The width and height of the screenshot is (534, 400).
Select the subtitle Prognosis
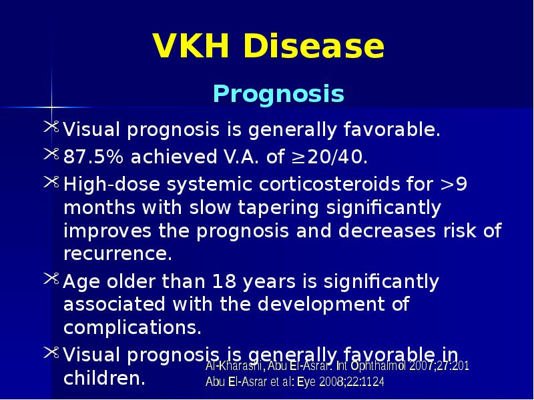pos(278,95)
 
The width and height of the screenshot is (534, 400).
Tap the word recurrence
pos(117,254)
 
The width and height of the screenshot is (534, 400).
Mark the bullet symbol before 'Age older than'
pos(51,281)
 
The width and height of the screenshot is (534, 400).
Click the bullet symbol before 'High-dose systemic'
pos(51,182)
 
